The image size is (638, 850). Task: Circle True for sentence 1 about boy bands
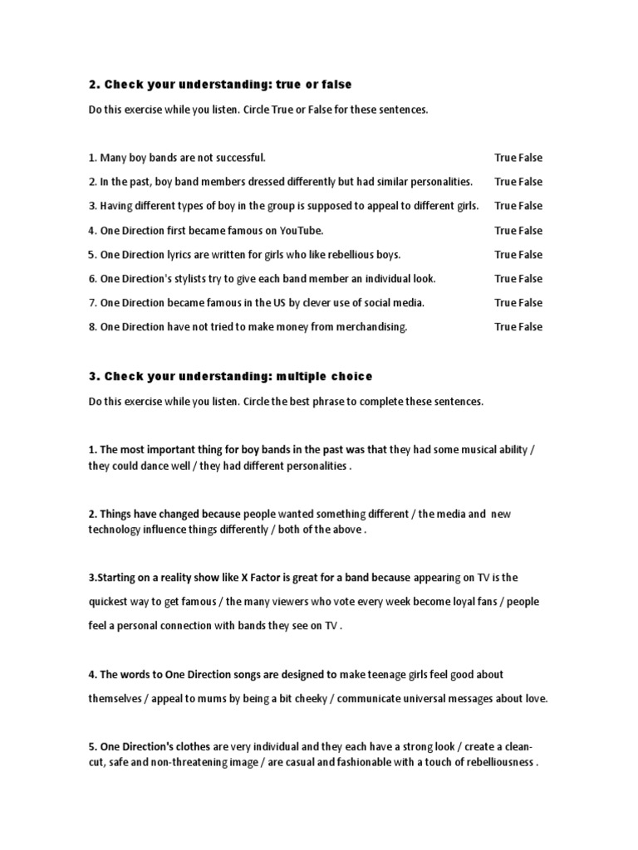point(505,157)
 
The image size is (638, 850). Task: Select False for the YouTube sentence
point(531,230)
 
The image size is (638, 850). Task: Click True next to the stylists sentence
point(505,279)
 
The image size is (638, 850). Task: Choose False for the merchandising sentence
point(531,327)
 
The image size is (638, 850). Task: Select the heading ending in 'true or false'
point(220,84)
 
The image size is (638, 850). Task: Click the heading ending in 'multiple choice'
point(231,376)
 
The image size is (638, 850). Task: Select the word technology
point(115,530)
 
